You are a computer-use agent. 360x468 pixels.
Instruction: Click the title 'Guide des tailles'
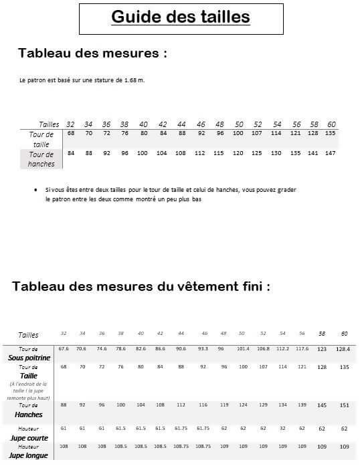(x=180, y=17)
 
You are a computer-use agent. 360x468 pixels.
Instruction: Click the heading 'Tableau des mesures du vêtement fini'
(x=141, y=286)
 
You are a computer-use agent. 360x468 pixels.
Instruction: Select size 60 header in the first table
(x=331, y=124)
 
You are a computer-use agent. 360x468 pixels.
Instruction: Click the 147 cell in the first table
(x=331, y=153)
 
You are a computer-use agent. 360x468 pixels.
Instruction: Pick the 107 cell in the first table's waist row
(x=257, y=133)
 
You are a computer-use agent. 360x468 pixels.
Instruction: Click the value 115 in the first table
(x=219, y=153)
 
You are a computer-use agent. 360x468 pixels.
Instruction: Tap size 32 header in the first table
(x=70, y=124)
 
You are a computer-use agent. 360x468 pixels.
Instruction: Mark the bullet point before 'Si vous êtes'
(x=35, y=190)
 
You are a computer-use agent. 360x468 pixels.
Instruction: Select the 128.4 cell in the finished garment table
(x=344, y=348)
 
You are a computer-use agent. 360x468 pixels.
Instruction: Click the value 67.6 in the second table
(x=64, y=348)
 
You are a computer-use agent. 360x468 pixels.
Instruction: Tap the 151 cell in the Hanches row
(x=344, y=405)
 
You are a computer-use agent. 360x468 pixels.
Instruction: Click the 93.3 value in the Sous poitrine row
(x=202, y=348)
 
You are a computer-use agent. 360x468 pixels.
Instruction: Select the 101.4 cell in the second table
(x=243, y=348)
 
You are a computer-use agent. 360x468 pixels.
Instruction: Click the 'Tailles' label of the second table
(x=28, y=335)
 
